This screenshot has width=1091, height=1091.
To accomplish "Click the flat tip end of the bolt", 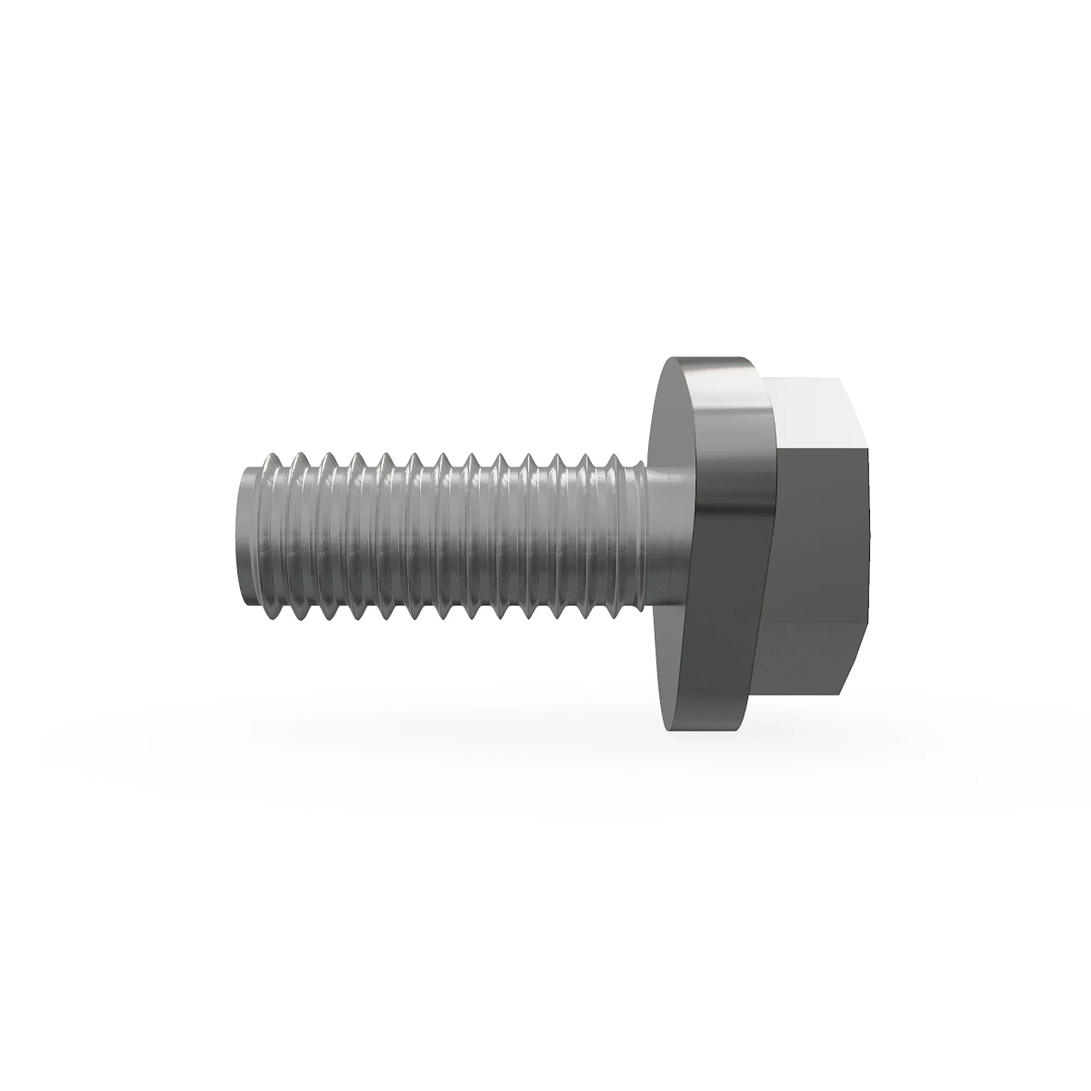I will coord(244,536).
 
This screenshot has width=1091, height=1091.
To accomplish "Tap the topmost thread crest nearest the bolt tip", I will coord(273,455).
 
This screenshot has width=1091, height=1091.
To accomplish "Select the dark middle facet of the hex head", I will coord(818,536).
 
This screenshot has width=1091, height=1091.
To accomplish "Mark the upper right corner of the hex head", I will coord(869,445).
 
